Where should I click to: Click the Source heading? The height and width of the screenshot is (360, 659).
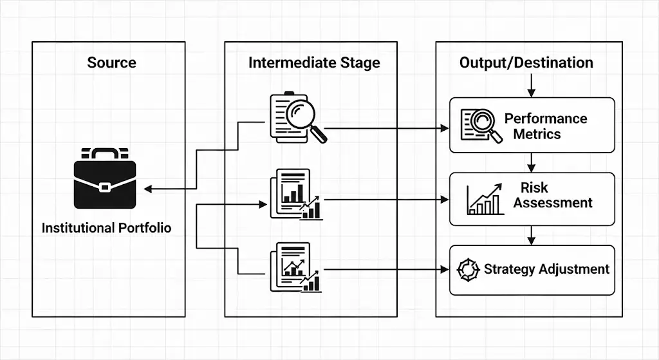111,62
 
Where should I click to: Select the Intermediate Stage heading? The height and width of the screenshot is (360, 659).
314,62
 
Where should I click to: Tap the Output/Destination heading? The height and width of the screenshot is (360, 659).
526,62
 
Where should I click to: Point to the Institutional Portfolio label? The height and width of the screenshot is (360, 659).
107,228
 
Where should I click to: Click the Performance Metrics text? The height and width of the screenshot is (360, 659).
546,126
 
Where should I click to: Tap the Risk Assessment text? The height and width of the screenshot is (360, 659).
553,195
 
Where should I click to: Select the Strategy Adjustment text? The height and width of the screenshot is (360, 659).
546,269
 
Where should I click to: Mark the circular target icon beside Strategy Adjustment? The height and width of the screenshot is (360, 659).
468,269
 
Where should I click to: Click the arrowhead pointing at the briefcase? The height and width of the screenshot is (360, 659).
147,189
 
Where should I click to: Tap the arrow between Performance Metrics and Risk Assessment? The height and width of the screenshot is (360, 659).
532,163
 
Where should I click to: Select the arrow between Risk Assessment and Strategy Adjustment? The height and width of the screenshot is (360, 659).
532,236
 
